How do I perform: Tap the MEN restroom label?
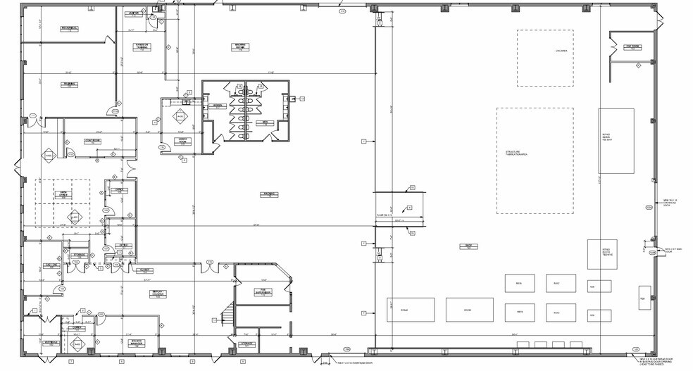coord(266,122)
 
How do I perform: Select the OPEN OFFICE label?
coord(62,193)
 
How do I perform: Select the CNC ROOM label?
coord(632,47)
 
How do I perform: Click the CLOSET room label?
coord(144,270)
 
